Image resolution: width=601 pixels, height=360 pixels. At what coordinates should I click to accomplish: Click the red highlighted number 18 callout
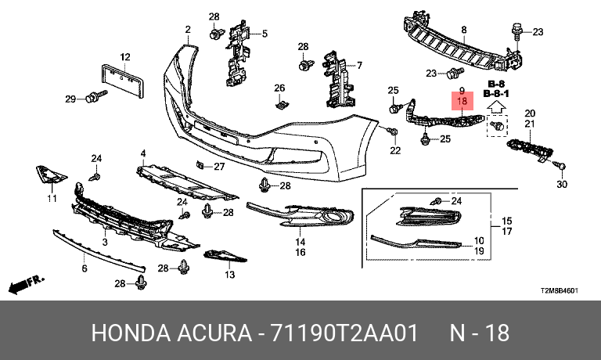click(462, 102)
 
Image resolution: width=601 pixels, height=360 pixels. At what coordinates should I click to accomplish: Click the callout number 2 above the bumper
click(188, 30)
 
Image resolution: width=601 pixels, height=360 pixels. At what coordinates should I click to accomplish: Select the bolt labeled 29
click(95, 97)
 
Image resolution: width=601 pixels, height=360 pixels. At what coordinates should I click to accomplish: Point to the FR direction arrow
click(24, 282)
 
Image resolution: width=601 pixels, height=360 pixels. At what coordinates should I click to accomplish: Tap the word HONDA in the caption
click(128, 333)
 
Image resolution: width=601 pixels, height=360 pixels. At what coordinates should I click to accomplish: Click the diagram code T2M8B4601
click(560, 290)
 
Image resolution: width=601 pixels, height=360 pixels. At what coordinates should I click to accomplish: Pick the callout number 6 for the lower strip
click(85, 268)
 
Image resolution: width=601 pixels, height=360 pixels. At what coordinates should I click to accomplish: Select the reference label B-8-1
click(497, 93)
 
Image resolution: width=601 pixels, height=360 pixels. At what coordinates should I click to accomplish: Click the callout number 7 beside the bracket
click(360, 66)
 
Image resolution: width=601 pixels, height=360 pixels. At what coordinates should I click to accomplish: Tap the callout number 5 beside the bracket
click(265, 34)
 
